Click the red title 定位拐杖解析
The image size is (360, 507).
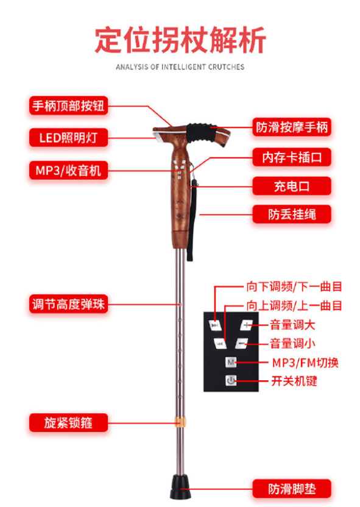click(180, 40)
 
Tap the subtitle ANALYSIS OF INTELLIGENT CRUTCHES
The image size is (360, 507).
click(180, 67)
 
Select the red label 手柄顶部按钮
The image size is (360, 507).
click(68, 105)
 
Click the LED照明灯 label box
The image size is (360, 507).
click(68, 138)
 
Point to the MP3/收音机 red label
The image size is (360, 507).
click(68, 170)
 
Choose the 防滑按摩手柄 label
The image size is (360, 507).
click(292, 127)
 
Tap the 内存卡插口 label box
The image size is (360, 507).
click(292, 157)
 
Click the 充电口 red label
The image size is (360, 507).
click(292, 186)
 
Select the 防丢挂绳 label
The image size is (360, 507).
click(292, 214)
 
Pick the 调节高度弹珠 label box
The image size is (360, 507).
click(68, 304)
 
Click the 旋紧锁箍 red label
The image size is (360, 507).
click(68, 423)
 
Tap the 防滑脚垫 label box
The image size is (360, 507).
click(292, 489)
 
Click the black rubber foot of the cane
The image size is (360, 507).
click(181, 487)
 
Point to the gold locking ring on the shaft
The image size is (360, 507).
click(180, 422)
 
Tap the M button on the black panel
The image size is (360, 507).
click(231, 362)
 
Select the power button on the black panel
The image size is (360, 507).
click(231, 381)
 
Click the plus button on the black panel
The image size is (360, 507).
click(246, 325)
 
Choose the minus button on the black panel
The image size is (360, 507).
click(241, 344)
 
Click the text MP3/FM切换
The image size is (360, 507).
click(305, 363)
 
